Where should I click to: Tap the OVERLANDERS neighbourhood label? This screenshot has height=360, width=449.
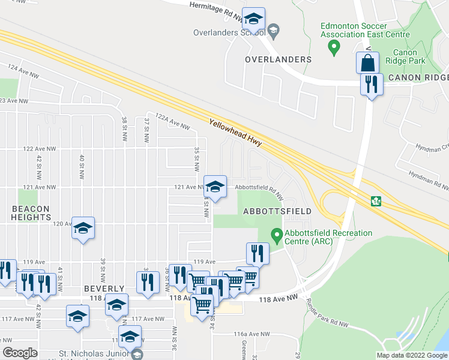click(279, 60)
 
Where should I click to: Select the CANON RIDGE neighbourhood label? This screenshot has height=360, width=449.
click(418, 78)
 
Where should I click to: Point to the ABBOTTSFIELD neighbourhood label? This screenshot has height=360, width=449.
click(277, 212)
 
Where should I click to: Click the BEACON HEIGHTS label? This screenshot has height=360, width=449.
click(30, 213)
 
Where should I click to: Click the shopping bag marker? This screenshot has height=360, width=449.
click(367, 62)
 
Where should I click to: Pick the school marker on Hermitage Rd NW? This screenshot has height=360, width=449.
click(254, 20)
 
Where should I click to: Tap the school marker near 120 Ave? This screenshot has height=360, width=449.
click(83, 228)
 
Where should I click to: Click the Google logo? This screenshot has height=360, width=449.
click(20, 353)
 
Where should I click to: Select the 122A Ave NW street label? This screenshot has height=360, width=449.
click(172, 122)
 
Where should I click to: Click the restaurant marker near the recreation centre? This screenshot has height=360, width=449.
click(258, 254)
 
